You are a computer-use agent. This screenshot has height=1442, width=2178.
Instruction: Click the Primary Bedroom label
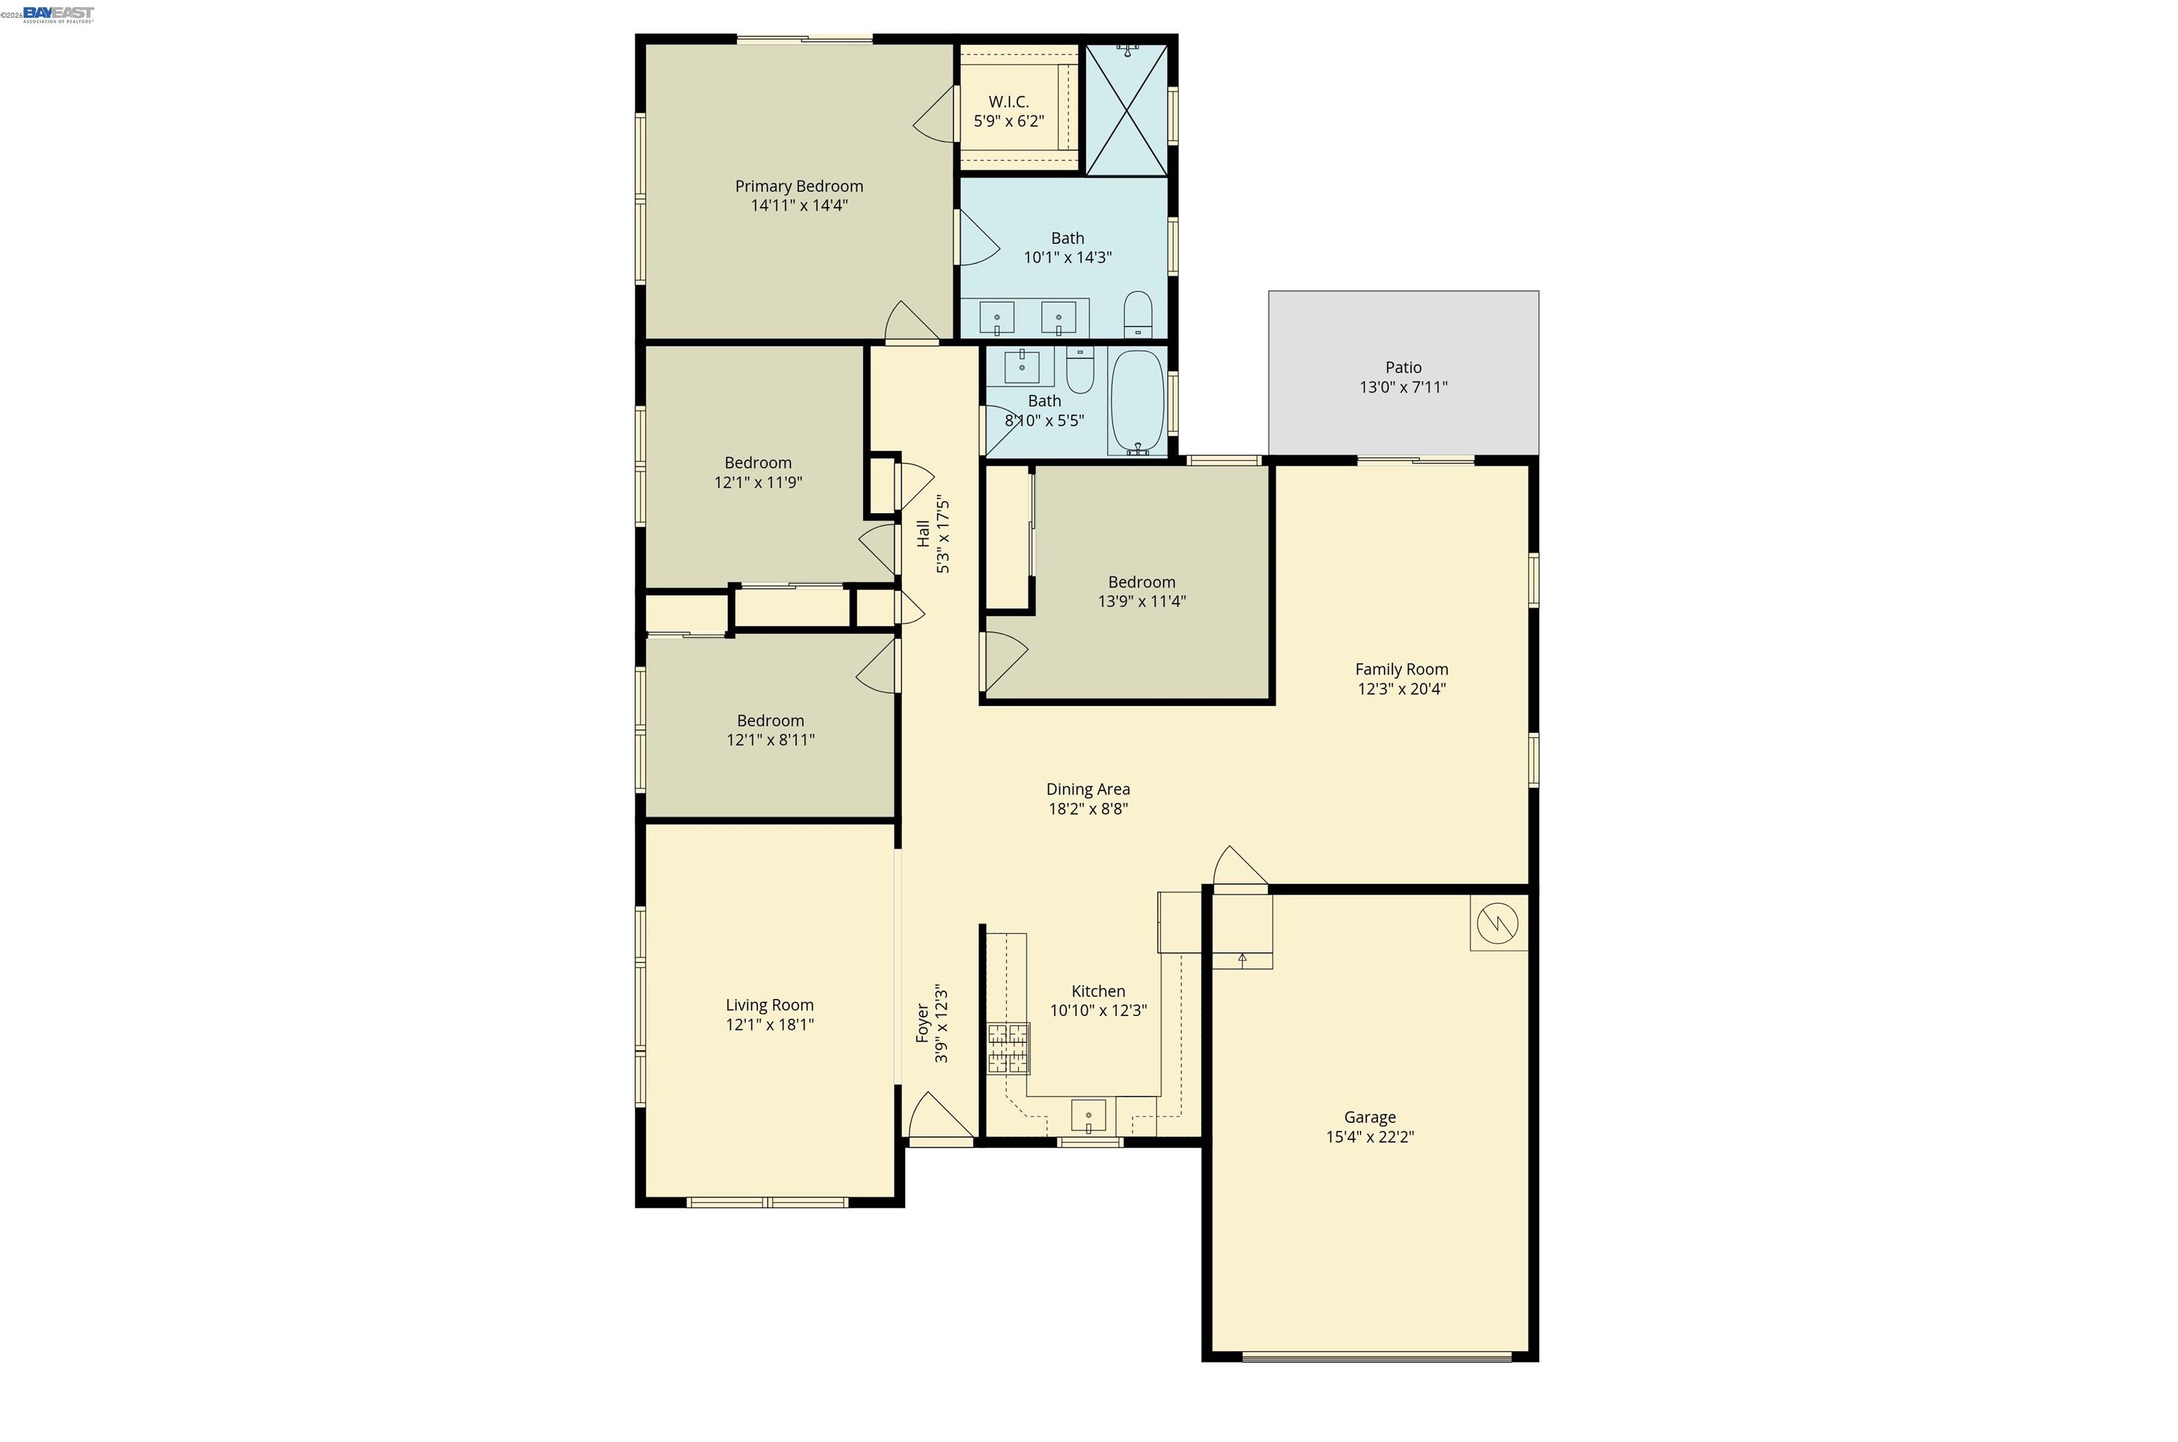click(x=798, y=186)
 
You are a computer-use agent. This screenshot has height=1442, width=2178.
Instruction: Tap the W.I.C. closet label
click(x=1008, y=102)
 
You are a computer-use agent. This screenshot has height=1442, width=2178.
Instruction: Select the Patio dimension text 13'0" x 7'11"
click(x=1402, y=387)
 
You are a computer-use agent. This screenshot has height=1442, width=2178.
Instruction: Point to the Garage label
click(x=1370, y=1117)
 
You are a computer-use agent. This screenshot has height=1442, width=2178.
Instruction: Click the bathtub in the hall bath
click(x=1138, y=401)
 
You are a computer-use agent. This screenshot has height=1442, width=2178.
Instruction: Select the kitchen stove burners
click(x=1008, y=1049)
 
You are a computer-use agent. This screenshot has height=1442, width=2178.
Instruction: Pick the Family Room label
click(x=1401, y=669)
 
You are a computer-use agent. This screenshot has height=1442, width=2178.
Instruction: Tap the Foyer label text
click(x=922, y=1024)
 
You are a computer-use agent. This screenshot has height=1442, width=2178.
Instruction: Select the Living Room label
click(x=769, y=1005)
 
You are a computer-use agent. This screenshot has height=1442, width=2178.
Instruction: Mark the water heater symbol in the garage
click(x=1497, y=922)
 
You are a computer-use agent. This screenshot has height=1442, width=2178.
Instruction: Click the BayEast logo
click(x=58, y=13)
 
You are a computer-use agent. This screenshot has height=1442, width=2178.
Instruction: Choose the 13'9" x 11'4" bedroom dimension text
click(x=1141, y=601)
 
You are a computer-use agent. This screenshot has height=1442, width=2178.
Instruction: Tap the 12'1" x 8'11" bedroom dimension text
click(x=770, y=740)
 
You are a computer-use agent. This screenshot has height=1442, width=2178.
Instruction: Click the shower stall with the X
click(x=1127, y=111)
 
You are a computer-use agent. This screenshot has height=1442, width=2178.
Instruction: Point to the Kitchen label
click(x=1098, y=990)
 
